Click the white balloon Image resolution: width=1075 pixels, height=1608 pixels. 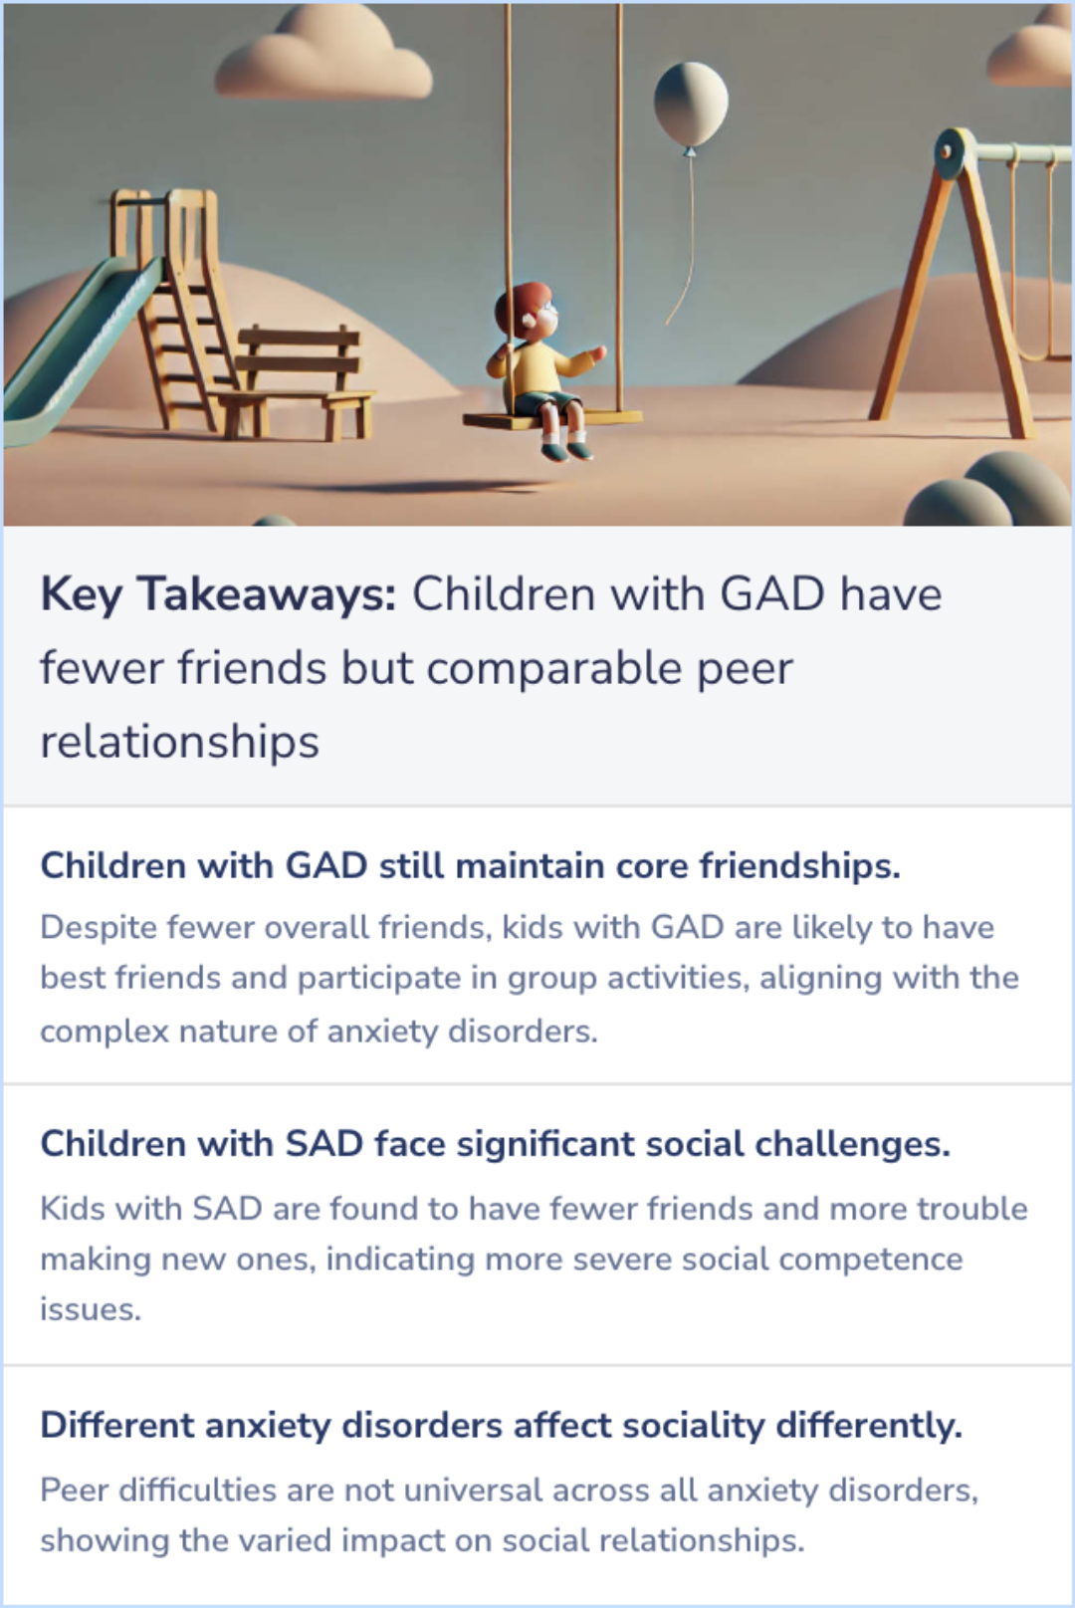[690, 103]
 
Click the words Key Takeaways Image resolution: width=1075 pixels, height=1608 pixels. [218, 594]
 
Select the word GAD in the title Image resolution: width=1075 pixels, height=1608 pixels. [771, 594]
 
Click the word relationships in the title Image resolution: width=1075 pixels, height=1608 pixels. [179, 742]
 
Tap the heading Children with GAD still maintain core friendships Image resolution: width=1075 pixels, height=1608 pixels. [470, 865]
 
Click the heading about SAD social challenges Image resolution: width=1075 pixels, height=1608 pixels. [495, 1143]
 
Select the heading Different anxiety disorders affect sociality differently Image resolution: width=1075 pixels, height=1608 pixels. [501, 1425]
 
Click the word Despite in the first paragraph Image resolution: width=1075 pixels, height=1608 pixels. [98, 927]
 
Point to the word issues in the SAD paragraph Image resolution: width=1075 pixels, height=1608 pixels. [90, 1309]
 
